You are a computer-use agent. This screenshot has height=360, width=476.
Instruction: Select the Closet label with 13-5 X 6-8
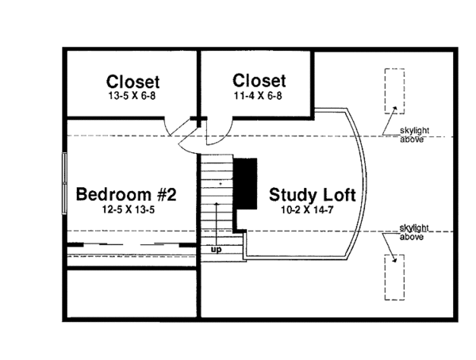click(132, 82)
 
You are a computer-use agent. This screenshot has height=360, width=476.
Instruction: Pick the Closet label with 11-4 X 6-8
click(259, 81)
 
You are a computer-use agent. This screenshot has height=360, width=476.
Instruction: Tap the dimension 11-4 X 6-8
click(259, 95)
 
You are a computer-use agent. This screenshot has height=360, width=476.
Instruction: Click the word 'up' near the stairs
click(215, 251)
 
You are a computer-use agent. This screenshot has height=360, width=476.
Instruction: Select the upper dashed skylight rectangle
click(393, 91)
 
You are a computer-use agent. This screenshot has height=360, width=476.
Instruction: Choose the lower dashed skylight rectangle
click(393, 277)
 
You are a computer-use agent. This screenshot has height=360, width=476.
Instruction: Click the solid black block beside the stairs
click(246, 182)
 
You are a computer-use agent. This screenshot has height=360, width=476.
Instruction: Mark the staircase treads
click(215, 194)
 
